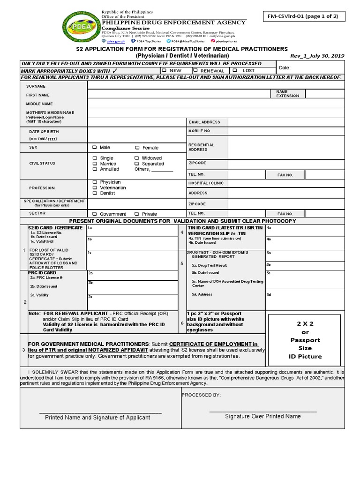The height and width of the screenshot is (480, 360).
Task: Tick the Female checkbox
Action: click(x=137, y=148)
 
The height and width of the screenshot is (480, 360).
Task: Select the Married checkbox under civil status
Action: click(x=95, y=164)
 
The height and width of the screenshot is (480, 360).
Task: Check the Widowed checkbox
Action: click(x=137, y=158)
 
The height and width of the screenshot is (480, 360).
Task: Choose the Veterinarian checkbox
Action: click(x=95, y=187)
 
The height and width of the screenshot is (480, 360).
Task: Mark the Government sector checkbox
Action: click(x=95, y=214)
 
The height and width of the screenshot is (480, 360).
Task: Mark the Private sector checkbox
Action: click(x=137, y=214)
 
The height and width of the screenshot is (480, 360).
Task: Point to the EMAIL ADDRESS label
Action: click(x=204, y=122)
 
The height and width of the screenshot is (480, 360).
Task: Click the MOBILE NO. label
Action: click(x=200, y=131)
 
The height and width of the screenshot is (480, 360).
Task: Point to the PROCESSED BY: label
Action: click(x=201, y=395)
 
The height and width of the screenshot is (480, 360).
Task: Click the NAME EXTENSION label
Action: click(x=287, y=93)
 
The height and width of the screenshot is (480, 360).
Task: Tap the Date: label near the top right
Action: click(x=285, y=68)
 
